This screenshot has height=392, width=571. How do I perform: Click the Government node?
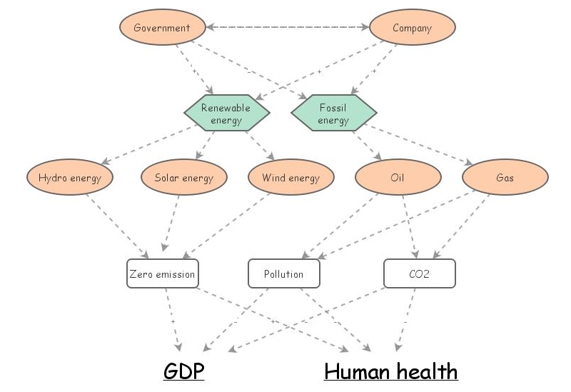coord(161,29)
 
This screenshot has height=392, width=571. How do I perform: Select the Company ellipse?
coord(412,29)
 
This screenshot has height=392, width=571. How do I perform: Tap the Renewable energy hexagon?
coord(226,114)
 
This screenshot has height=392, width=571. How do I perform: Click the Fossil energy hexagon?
coord(333,114)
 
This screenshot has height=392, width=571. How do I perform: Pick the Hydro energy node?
coord(70,178)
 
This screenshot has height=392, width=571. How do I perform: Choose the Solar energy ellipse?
coord(183,178)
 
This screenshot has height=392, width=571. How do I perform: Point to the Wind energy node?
coord(290,178)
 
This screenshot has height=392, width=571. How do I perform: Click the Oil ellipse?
coord(398,178)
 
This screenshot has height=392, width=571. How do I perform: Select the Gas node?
coord(505,178)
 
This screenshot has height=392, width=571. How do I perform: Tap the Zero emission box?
coord(161,274)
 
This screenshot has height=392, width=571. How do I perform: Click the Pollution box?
coord(283,274)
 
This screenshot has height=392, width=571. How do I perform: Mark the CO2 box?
coord(419,274)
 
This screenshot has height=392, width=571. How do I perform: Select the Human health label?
coord(390,371)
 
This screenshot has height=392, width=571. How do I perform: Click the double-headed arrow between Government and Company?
coord(287,29)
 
